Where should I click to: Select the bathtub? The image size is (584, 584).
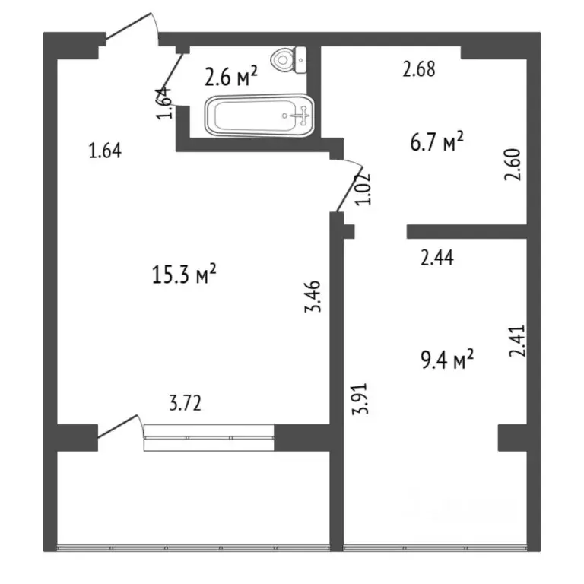pos(259,116)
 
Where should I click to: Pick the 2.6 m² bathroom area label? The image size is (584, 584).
pos(231,76)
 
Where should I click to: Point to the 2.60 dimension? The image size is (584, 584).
pos(513,163)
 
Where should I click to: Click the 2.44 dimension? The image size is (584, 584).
pos(437,259)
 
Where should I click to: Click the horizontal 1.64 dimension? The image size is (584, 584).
pos(105,151)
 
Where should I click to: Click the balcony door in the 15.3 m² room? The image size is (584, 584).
pos(119,426)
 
